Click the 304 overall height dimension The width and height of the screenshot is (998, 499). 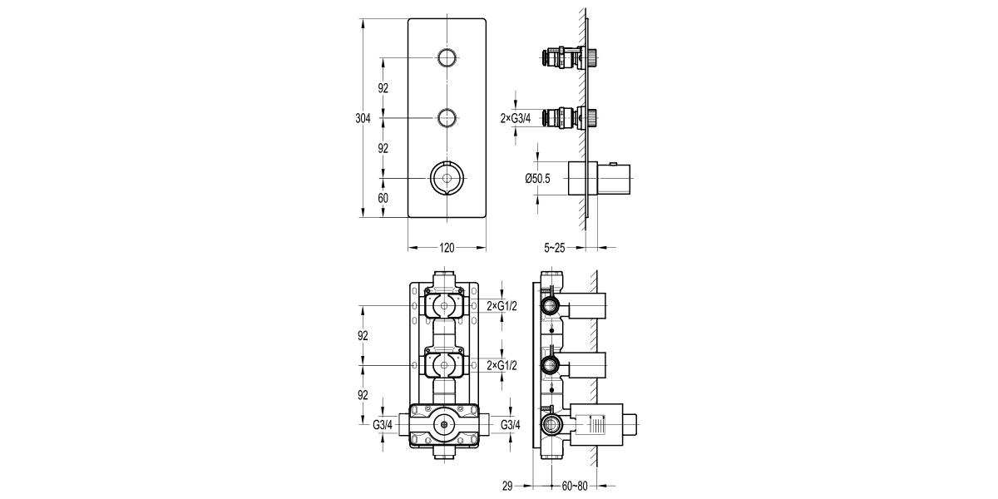pyautogui.click(x=363, y=118)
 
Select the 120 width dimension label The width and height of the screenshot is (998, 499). pyautogui.click(x=447, y=248)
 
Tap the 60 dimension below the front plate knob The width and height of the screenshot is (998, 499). pyautogui.click(x=383, y=198)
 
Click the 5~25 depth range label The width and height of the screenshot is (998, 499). pyautogui.click(x=556, y=248)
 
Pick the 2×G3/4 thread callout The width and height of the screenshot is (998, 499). pyautogui.click(x=516, y=119)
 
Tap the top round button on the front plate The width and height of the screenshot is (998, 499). pyautogui.click(x=447, y=57)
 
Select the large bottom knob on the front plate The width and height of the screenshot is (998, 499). pyautogui.click(x=447, y=178)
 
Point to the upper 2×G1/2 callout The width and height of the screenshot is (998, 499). pyautogui.click(x=502, y=306)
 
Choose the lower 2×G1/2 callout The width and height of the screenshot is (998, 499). pyautogui.click(x=502, y=365)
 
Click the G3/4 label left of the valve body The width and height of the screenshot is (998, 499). pyautogui.click(x=383, y=425)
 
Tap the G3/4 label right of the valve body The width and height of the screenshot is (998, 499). pyautogui.click(x=511, y=425)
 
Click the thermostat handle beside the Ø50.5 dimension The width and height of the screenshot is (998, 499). pyautogui.click(x=599, y=178)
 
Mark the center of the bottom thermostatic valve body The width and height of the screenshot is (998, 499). pyautogui.click(x=447, y=426)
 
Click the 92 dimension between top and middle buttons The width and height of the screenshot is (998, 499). pyautogui.click(x=383, y=88)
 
